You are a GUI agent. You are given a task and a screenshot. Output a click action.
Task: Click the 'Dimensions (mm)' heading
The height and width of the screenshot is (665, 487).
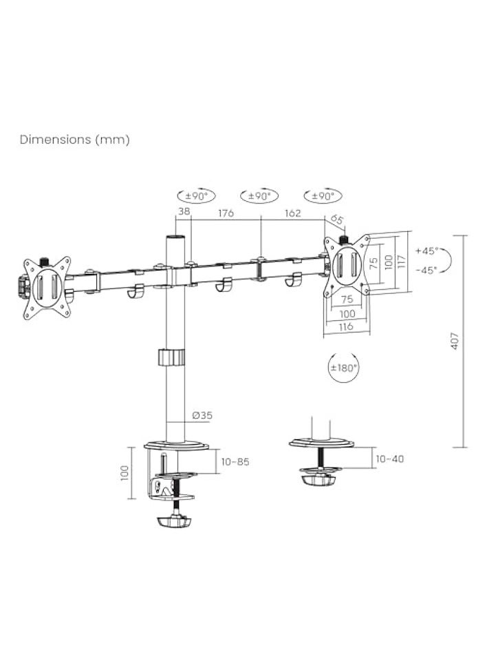pyautogui.click(x=74, y=139)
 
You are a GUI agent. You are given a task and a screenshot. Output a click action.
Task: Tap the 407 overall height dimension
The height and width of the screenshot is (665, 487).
pyautogui.click(x=455, y=340)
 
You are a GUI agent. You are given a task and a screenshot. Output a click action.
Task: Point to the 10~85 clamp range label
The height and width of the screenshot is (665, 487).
pyautogui.click(x=235, y=462)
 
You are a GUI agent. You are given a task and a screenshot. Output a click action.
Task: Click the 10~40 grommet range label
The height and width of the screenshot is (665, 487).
pyautogui.click(x=390, y=458)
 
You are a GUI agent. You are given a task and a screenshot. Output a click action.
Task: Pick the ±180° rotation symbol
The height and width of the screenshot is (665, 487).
pyautogui.click(x=344, y=368)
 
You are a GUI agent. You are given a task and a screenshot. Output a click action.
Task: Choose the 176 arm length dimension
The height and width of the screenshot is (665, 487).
pyautogui.click(x=225, y=213)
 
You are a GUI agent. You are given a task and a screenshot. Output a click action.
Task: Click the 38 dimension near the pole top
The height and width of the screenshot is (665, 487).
pyautogui.click(x=184, y=213)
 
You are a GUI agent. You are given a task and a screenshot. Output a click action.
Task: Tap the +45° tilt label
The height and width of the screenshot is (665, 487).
pyautogui.click(x=426, y=251)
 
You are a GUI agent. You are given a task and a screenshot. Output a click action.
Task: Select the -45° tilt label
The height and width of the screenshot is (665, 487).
pyautogui.click(x=426, y=270)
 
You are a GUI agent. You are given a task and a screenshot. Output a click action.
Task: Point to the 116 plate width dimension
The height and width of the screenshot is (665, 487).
pyautogui.click(x=346, y=326)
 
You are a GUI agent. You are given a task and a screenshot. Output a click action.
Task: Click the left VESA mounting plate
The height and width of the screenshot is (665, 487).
pyautogui.click(x=47, y=287)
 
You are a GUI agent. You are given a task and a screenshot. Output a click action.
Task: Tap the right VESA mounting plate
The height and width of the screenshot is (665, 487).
pyautogui.click(x=347, y=266)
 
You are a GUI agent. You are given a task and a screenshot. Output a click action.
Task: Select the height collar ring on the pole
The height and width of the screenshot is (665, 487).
pyautogui.click(x=172, y=358)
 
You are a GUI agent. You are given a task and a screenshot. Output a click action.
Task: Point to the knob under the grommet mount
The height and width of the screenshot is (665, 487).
pyautogui.click(x=318, y=476)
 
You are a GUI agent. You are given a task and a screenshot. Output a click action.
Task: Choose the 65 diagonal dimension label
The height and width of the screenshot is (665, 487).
pyautogui.click(x=336, y=220)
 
